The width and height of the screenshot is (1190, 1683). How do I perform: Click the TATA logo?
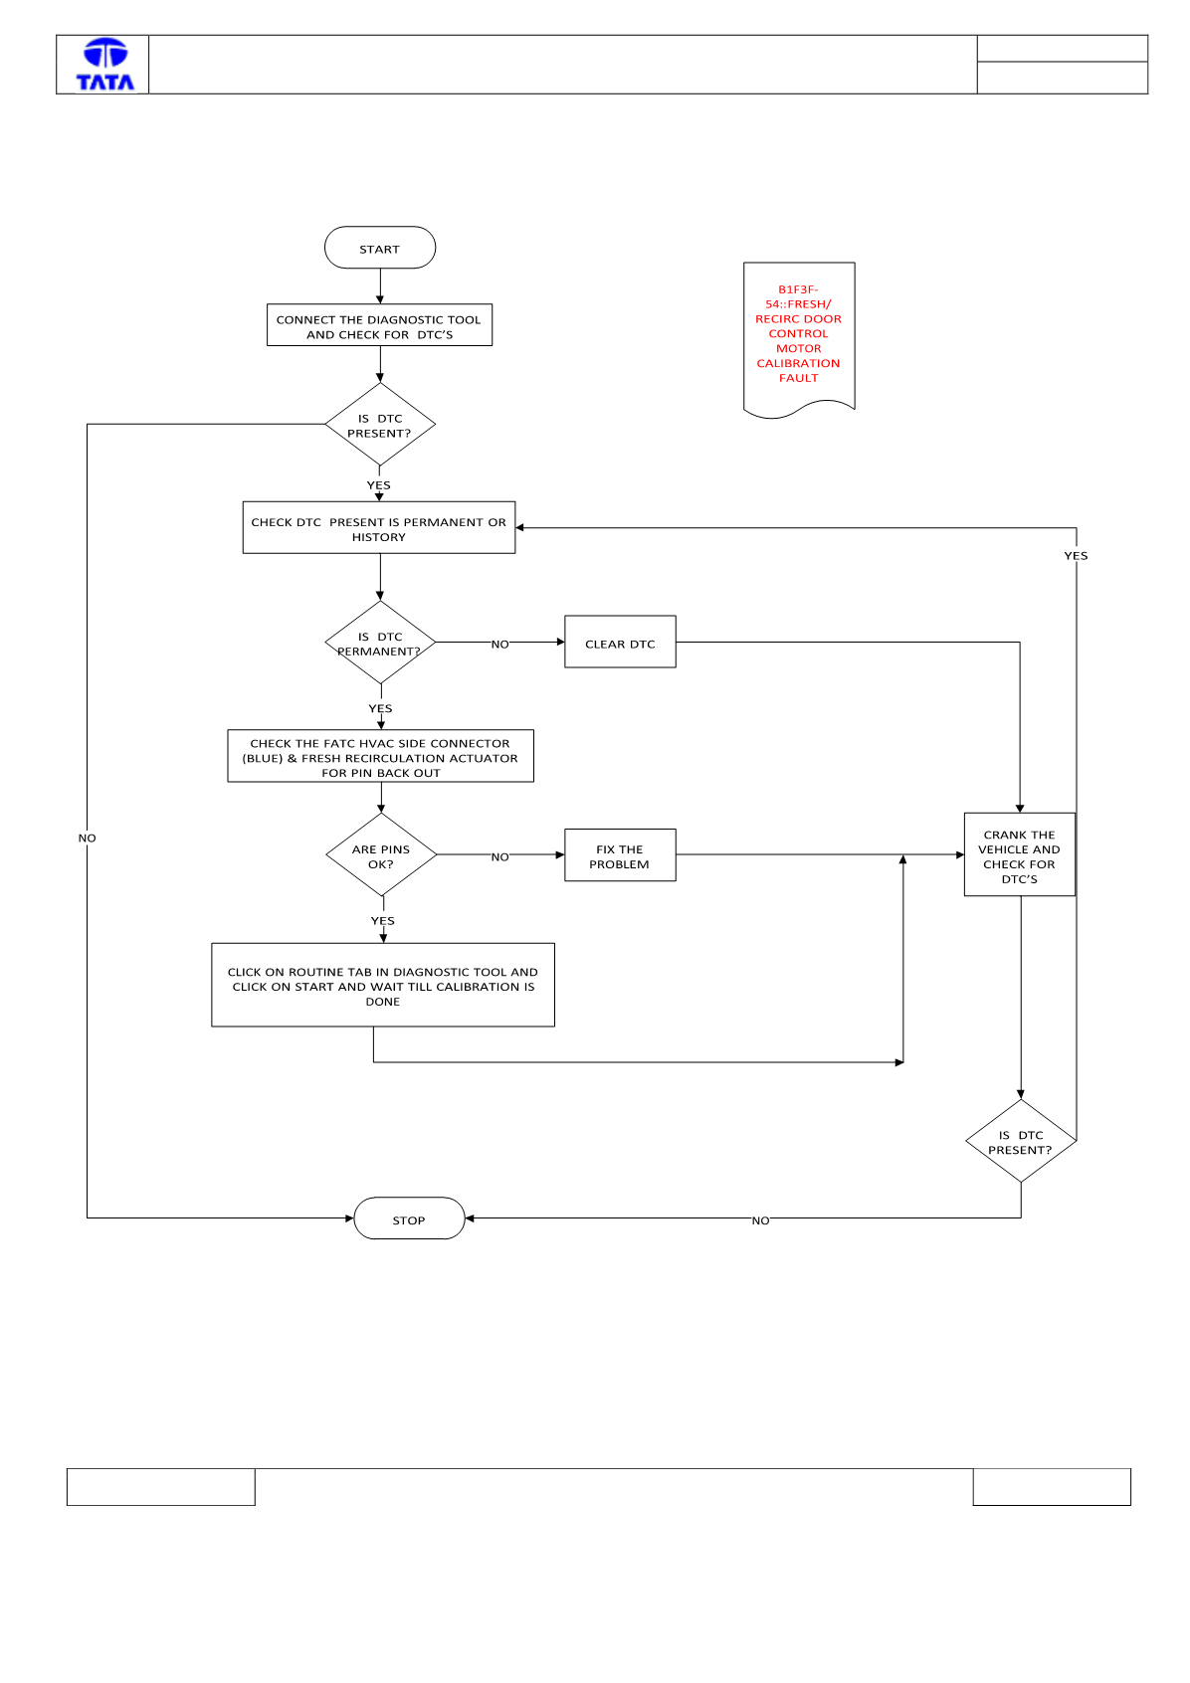[x=105, y=65]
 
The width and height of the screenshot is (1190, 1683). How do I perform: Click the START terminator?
[x=380, y=248]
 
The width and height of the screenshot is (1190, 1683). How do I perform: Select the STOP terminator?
[x=409, y=1217]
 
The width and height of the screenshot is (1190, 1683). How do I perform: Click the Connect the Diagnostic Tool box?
[x=380, y=324]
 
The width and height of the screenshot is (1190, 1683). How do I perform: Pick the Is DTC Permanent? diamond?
[x=380, y=643]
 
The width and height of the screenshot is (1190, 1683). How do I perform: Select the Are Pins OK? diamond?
[x=381, y=855]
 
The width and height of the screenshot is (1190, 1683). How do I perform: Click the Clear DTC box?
[x=620, y=642]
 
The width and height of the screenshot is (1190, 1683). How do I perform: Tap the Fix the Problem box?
[x=620, y=855]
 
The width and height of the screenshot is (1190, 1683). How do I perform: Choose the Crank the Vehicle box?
[x=1019, y=854]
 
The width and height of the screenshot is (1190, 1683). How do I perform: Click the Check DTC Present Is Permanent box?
[x=379, y=527]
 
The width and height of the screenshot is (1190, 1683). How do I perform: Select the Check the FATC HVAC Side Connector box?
[x=381, y=756]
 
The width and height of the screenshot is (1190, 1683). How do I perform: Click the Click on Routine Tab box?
[x=383, y=985]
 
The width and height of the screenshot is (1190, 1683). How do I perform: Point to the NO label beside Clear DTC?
[x=499, y=644]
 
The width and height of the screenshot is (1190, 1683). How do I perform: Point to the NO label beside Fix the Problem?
[x=499, y=856]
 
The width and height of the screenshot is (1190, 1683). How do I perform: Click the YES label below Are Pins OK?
[x=383, y=920]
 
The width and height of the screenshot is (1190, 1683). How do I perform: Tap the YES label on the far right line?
[x=1076, y=555]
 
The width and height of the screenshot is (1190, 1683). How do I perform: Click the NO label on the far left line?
[x=88, y=838]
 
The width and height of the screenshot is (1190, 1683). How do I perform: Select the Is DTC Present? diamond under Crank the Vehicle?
[x=1021, y=1141]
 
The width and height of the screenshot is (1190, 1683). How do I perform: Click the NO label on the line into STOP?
[x=761, y=1220]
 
